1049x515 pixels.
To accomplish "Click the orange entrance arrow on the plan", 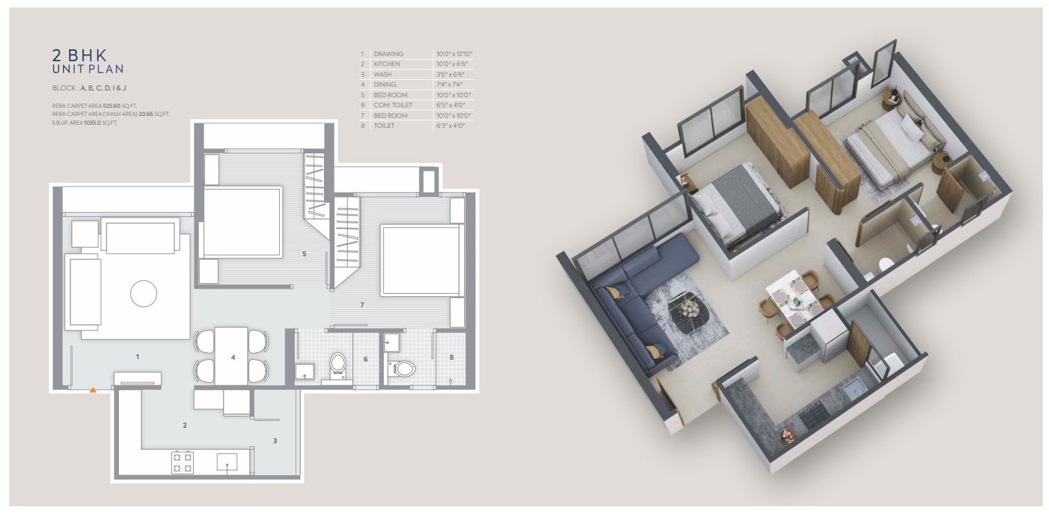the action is pos(93,389).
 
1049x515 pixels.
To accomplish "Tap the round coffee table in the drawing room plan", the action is pos(143,293).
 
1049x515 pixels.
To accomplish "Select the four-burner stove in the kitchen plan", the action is pos(182,462).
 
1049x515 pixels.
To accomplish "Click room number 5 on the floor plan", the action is pos(305,254).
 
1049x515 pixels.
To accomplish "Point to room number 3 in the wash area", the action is pos(275,440).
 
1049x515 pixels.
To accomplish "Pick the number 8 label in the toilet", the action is pos(452,357).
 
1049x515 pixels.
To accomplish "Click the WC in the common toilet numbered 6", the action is pos(337,365).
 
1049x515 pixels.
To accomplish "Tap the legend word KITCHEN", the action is pos(387,64).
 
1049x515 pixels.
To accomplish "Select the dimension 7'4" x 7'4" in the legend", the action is pos(449,84).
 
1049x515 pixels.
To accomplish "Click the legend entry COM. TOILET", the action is pos(393,105).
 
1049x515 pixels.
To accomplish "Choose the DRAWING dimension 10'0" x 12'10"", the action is pos(454,54).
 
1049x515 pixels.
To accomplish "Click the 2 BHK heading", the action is pos(80,55).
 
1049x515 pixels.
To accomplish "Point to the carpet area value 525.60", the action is pos(112,106).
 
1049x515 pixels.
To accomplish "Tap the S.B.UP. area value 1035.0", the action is pos(92,123).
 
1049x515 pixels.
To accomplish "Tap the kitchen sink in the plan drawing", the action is pos(227,463).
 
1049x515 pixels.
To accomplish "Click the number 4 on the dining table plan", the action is pos(233,357).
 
